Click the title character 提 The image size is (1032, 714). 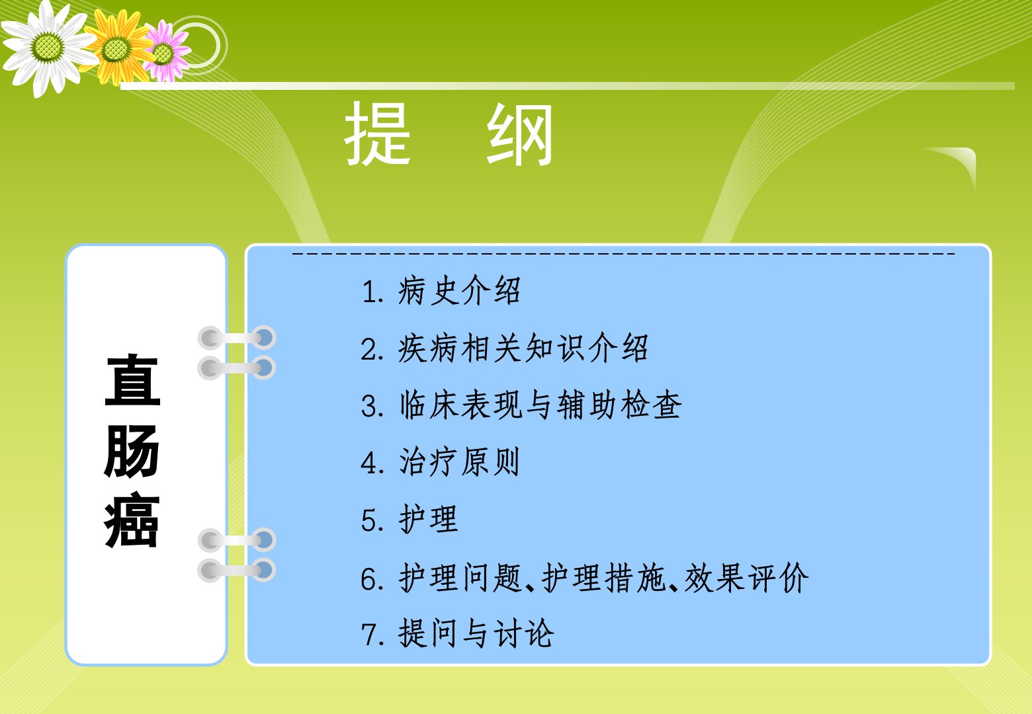pos(377,134)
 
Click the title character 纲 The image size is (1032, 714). pos(520,134)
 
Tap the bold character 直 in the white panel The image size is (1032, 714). pos(133,380)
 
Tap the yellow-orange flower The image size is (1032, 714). pos(117,48)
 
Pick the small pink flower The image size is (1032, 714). pos(164,52)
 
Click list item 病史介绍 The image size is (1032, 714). pos(459,290)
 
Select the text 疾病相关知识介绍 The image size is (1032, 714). pos(523,348)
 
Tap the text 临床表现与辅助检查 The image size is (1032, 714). pos(540,405)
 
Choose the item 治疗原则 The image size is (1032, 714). pos(459,462)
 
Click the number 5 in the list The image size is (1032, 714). pos(370,520)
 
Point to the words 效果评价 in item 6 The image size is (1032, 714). pos(746,578)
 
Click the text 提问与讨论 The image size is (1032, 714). pos(476,634)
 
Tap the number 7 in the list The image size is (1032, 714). pos(370,635)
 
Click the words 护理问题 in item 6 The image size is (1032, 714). pos(460,578)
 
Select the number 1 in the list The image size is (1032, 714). pos(370,292)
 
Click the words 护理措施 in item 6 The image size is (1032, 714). pos(603,578)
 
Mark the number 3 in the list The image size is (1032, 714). pos(370,406)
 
